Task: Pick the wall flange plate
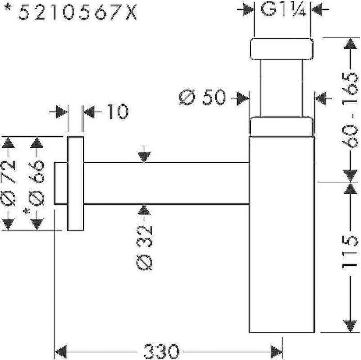75,183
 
